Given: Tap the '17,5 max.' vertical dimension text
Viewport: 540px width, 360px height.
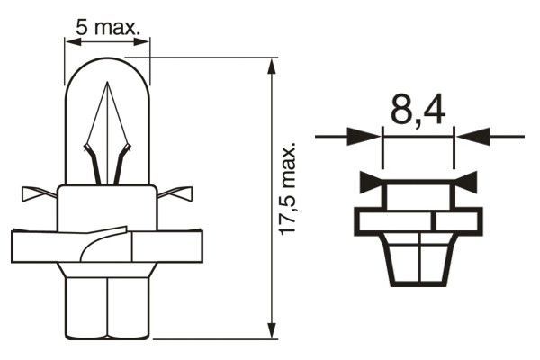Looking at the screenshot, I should pyautogui.click(x=287, y=189).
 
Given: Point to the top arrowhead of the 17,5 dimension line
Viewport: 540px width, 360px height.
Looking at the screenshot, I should pyautogui.click(x=273, y=65).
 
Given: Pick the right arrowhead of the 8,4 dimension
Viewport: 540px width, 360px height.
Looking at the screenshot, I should pyautogui.click(x=472, y=137).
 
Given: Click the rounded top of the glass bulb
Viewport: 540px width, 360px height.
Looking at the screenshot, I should pyautogui.click(x=108, y=63).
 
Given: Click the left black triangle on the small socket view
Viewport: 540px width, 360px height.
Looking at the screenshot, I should pyautogui.click(x=372, y=183).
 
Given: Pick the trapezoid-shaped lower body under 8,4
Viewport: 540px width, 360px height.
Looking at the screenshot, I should pyautogui.click(x=418, y=260).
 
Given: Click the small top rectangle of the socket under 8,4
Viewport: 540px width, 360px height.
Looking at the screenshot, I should pyautogui.click(x=418, y=193).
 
